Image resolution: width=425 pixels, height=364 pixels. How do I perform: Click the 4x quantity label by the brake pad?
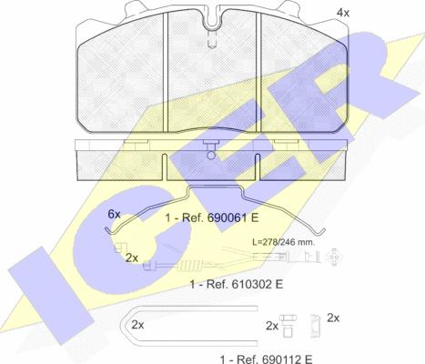(x=343, y=13)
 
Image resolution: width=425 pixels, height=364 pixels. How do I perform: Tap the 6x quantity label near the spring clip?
(x=114, y=214)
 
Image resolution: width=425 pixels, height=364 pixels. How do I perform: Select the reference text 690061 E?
(x=233, y=217)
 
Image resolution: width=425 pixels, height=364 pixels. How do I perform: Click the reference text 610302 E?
(x=258, y=284)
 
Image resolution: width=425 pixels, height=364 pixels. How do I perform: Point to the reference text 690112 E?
(x=286, y=359)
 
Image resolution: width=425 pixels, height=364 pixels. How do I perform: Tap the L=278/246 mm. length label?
(x=284, y=242)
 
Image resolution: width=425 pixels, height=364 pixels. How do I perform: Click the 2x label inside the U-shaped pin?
(x=137, y=325)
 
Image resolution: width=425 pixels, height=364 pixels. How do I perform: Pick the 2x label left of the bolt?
(x=272, y=326)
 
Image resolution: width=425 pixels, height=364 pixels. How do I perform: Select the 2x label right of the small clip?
(x=333, y=318)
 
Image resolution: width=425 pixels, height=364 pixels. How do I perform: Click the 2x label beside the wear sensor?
(x=132, y=258)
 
